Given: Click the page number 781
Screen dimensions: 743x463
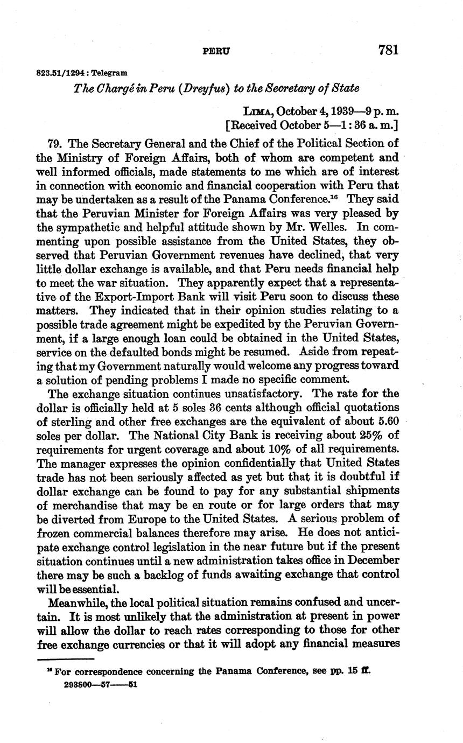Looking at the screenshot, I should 388,50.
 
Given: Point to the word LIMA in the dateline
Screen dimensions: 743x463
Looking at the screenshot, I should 257,111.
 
